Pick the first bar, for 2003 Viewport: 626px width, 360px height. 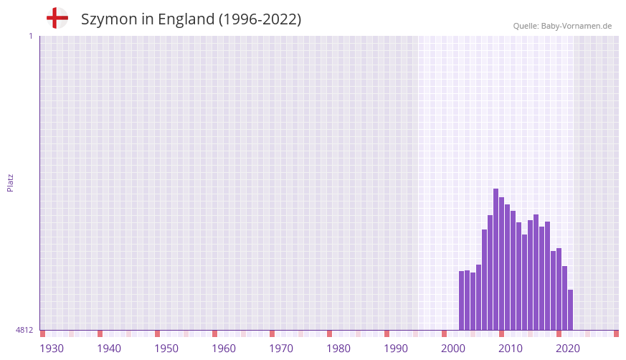462,300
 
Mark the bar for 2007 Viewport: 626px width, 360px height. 485,280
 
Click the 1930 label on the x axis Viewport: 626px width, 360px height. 52,349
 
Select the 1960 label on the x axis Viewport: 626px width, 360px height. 224,349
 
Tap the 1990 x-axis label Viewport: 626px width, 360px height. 396,349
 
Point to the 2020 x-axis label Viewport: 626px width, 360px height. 568,349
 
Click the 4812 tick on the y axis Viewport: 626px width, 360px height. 24,331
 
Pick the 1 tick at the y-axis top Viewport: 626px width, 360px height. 30,36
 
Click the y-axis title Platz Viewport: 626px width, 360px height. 10,182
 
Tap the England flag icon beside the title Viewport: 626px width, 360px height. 57,19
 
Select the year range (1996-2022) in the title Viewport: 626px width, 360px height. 260,19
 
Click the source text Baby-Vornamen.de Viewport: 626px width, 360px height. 577,26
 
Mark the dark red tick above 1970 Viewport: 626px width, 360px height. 272,333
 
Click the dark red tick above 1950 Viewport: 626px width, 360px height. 157,333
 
